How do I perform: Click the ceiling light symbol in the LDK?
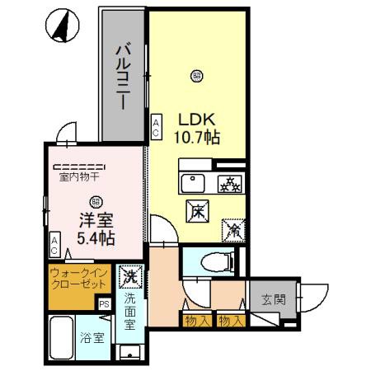click(x=196, y=77)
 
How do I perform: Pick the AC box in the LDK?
click(x=156, y=127)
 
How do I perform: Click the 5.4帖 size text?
click(x=96, y=237)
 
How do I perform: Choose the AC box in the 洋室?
click(x=54, y=244)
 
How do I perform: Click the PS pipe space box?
click(x=105, y=304)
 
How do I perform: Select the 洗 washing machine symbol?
click(x=129, y=273)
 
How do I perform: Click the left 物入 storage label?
click(x=195, y=320)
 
